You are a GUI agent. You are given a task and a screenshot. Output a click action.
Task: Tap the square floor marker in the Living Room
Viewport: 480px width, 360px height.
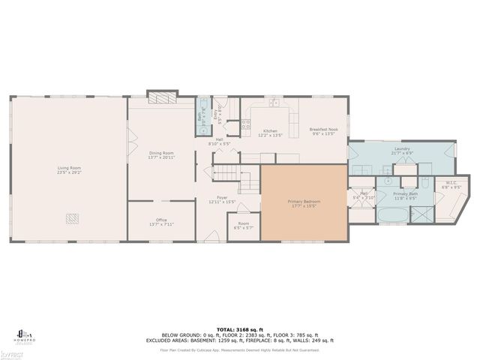pyautogui.click(x=72, y=218)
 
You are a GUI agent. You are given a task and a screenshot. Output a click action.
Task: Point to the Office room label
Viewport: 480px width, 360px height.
pyautogui.click(x=163, y=222)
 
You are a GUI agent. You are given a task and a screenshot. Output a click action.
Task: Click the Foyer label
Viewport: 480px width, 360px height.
pyautogui.click(x=222, y=199)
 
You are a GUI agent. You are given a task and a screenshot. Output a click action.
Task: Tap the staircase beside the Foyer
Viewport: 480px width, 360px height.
pyautogui.click(x=233, y=178)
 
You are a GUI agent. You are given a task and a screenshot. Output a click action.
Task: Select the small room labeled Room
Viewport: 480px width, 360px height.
pyautogui.click(x=244, y=225)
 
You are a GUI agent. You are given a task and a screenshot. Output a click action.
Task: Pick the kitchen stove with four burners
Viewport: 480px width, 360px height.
pyautogui.click(x=245, y=125)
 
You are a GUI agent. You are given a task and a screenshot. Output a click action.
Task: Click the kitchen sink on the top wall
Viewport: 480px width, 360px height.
pyautogui.click(x=275, y=103)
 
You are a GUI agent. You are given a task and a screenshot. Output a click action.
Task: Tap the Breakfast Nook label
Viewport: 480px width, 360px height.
pyautogui.click(x=324, y=130)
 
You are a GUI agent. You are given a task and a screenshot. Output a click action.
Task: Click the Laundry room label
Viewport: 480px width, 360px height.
pyautogui.click(x=401, y=150)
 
